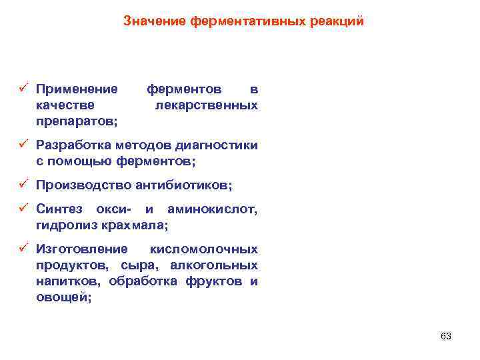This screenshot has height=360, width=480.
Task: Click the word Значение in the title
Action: click(155, 21)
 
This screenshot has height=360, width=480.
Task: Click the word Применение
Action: click(77, 89)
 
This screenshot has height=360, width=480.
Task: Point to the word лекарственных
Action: click(206, 105)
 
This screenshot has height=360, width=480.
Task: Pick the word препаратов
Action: click(76, 121)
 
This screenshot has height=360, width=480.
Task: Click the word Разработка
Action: click(73, 145)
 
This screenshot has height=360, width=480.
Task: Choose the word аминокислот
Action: click(212, 209)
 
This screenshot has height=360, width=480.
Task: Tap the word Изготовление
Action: click(81, 249)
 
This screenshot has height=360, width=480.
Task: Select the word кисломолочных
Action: click(204, 249)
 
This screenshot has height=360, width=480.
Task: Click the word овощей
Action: click(63, 297)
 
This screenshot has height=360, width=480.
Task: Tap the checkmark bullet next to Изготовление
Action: click(23, 248)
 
